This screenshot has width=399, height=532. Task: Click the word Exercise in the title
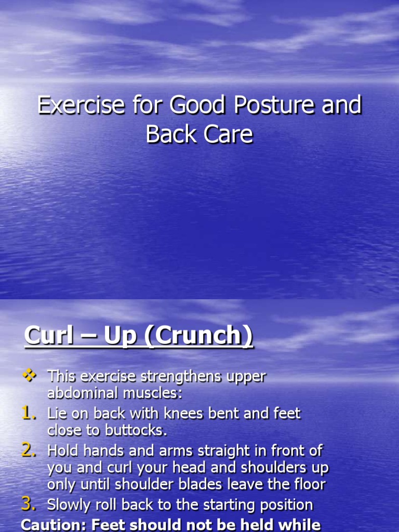[x=81, y=105]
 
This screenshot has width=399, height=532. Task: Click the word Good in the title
[x=190, y=105]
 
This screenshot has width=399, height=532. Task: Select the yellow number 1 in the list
[x=29, y=414]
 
